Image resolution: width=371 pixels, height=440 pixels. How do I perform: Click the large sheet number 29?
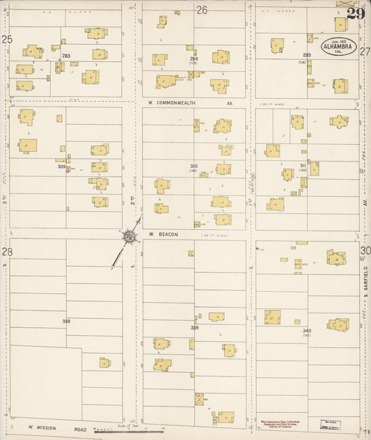[x=355, y=14]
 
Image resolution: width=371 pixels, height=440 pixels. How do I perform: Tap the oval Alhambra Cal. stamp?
[x=339, y=47]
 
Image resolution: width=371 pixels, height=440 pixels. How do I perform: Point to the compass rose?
[x=129, y=238]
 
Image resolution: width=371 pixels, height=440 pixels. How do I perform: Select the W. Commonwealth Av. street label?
[x=190, y=102]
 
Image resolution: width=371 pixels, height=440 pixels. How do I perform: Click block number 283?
[x=66, y=56]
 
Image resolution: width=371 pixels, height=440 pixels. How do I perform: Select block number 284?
[x=194, y=59]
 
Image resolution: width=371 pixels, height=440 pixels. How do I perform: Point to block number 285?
[x=306, y=55]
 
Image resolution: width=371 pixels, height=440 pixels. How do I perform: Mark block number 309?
[x=61, y=166]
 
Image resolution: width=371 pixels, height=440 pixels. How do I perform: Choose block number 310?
[x=194, y=166]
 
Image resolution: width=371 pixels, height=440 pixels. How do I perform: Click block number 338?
[x=66, y=321]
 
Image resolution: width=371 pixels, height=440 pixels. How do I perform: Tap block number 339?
[x=194, y=327]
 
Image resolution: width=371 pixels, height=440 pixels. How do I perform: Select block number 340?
[x=306, y=330]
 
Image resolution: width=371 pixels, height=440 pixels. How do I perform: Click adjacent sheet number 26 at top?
[x=202, y=10]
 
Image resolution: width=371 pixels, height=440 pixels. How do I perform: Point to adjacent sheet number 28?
[x=6, y=251]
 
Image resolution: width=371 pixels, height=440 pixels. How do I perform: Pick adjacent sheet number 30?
[x=365, y=251]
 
